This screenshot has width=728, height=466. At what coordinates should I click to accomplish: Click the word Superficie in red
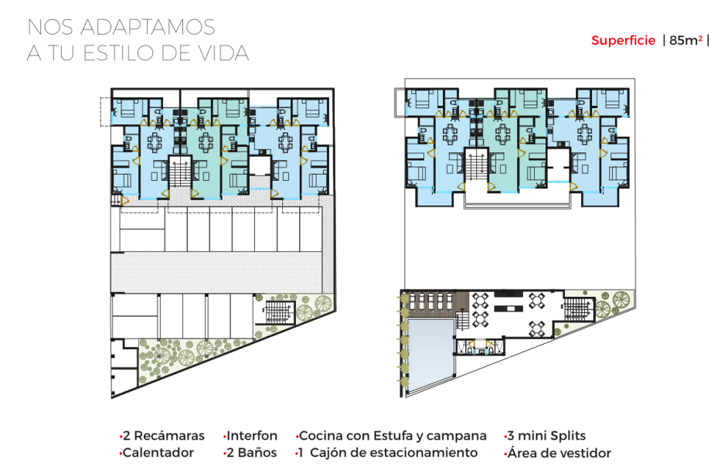tap(623, 40)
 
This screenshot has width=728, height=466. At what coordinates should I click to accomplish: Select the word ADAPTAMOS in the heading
tap(148, 27)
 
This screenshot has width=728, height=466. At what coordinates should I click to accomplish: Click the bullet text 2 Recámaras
tap(163, 436)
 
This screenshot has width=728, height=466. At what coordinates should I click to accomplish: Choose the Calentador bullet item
tap(158, 453)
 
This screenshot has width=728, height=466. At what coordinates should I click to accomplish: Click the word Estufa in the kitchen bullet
tap(393, 436)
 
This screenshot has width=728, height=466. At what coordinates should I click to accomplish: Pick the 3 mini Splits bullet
tap(546, 436)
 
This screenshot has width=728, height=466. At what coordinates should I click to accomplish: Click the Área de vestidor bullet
tap(559, 453)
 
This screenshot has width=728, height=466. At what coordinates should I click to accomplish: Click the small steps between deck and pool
tap(463, 321)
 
